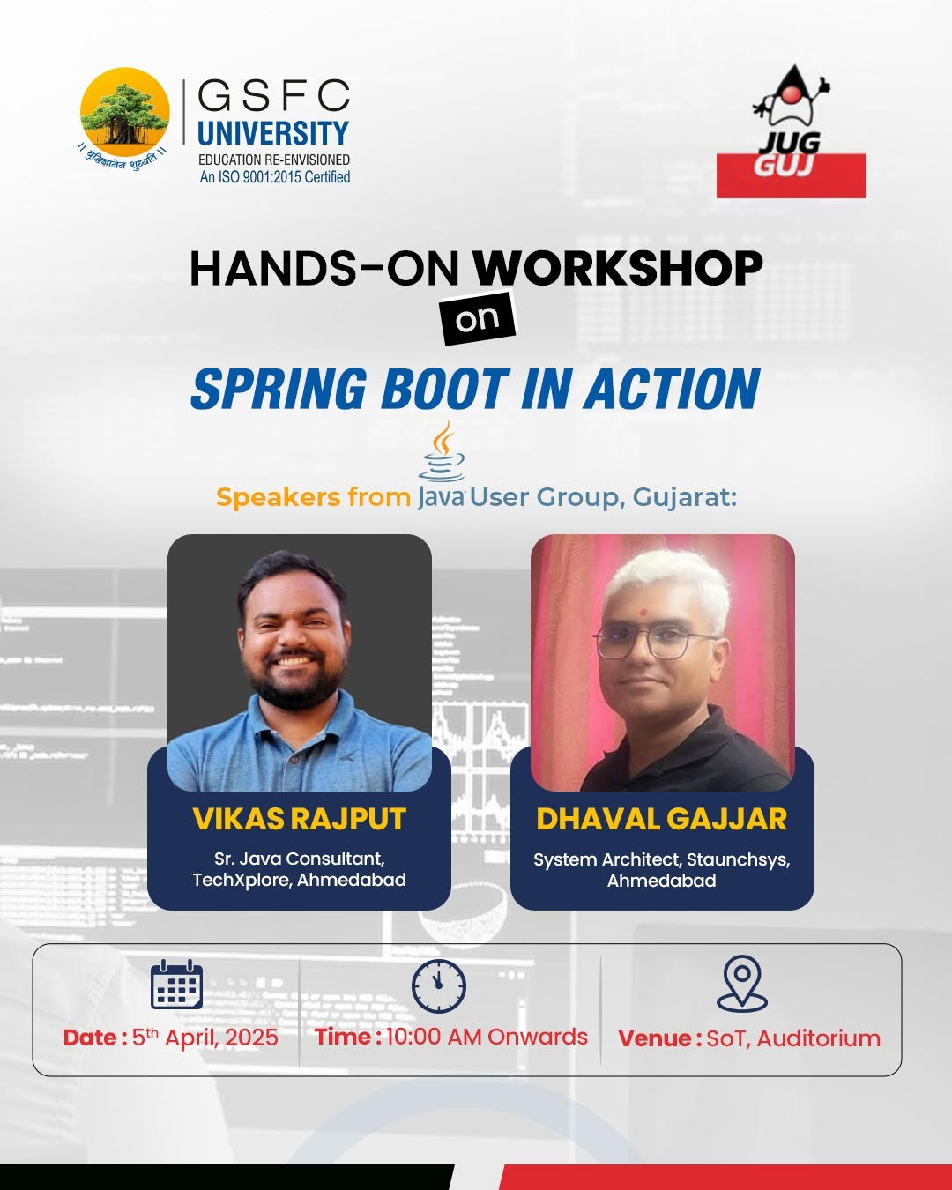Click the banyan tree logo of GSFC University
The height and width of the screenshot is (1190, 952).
(124, 112)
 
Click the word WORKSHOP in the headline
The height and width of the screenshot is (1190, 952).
(618, 268)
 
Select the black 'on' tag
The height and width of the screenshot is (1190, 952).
(478, 320)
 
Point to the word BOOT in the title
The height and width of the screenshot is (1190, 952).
(444, 390)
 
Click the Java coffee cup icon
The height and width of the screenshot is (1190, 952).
(443, 452)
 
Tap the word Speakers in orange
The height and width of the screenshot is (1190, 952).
(278, 497)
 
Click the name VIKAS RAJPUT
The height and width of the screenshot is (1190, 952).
(299, 819)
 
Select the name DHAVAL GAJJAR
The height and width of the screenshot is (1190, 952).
(661, 819)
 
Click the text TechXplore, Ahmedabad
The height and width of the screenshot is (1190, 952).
(299, 880)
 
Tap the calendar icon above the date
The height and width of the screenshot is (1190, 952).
(176, 985)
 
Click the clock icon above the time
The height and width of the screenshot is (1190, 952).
(439, 985)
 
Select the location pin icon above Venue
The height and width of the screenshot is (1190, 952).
(742, 983)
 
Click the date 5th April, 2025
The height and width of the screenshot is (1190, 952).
(205, 1038)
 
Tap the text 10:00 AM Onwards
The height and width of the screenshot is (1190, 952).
(487, 1037)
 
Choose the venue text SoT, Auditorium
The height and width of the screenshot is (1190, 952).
(793, 1038)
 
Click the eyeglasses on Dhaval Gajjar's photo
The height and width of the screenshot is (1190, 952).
(657, 641)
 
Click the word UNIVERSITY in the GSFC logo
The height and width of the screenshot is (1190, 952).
(273, 134)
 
